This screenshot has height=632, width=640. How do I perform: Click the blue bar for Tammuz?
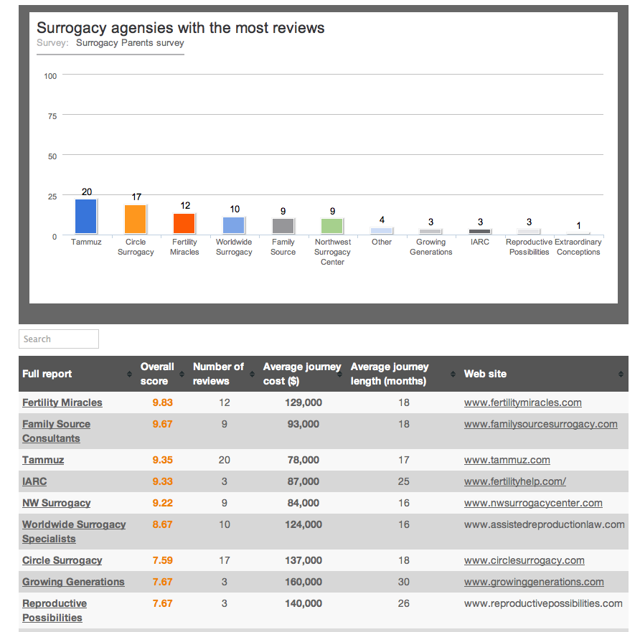click(x=86, y=217)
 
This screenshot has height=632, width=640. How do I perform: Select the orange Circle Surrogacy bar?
click(x=136, y=220)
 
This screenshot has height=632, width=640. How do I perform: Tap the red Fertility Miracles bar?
click(x=184, y=224)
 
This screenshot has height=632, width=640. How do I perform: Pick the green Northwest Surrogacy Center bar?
click(x=332, y=226)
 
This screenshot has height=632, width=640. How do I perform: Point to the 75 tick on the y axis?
click(x=52, y=115)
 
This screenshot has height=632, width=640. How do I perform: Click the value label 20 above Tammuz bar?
click(x=87, y=192)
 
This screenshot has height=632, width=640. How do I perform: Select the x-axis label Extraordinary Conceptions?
click(x=578, y=247)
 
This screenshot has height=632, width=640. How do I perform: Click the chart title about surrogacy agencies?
click(x=181, y=28)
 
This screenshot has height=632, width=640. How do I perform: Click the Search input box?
click(x=59, y=339)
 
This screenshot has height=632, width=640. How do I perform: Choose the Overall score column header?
click(x=157, y=374)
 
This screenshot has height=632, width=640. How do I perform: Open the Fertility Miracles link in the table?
click(x=62, y=402)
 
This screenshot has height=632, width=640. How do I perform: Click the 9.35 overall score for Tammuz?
click(x=162, y=460)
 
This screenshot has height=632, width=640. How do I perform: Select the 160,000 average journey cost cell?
click(x=302, y=582)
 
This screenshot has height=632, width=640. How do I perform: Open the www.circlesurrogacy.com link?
click(x=524, y=560)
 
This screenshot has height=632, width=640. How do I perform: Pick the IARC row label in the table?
click(x=34, y=481)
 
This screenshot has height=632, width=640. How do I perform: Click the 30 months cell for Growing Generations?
click(x=404, y=582)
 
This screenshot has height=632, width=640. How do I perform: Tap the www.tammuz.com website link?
click(x=507, y=460)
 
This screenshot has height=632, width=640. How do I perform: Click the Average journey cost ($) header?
click(x=302, y=374)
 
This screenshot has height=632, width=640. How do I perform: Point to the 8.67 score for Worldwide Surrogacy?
click(x=162, y=524)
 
